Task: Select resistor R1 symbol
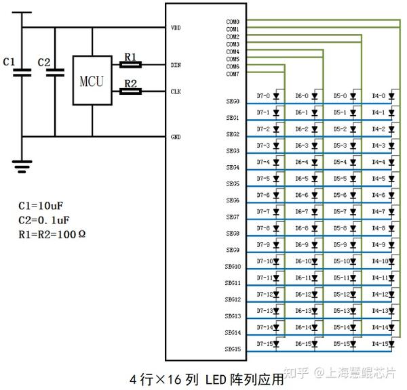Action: coord(130,65)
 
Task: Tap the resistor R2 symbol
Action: coord(130,90)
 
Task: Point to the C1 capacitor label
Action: coord(9,62)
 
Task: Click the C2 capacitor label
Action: coord(44,62)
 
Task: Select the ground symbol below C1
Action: coord(22,163)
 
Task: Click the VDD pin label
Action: coord(176,28)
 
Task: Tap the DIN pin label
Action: coord(176,65)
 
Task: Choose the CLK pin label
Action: coord(176,90)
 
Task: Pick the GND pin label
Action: coord(176,137)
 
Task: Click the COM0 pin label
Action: coord(232,22)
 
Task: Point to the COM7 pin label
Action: coord(232,74)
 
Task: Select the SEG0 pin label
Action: coord(232,102)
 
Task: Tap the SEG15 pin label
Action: coord(232,349)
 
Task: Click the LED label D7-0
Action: coord(264,96)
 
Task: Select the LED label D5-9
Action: coord(341,244)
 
